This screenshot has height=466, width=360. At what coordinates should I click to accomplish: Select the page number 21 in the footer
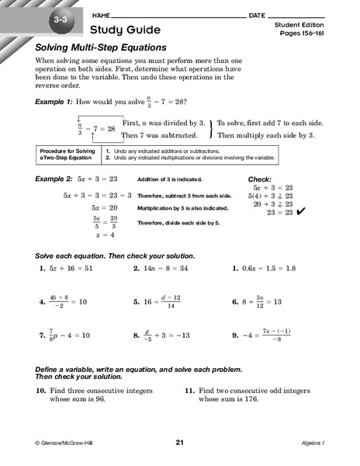[179, 443]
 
